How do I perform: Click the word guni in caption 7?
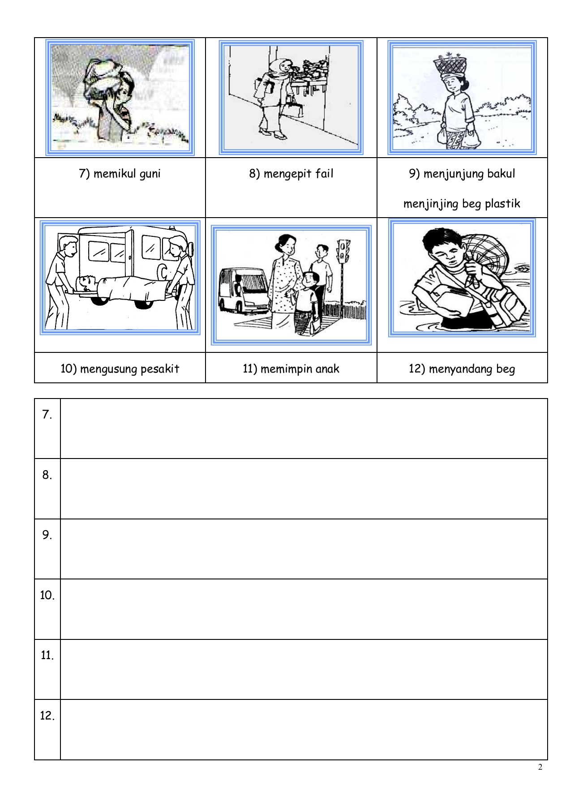[150, 174]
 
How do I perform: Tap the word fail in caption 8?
[324, 174]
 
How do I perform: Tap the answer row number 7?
[47, 415]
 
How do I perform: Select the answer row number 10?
[47, 595]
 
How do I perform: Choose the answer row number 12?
[47, 716]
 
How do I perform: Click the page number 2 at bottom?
[540, 767]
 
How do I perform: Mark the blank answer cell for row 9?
[304, 549]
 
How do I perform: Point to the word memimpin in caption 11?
[277, 369]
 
